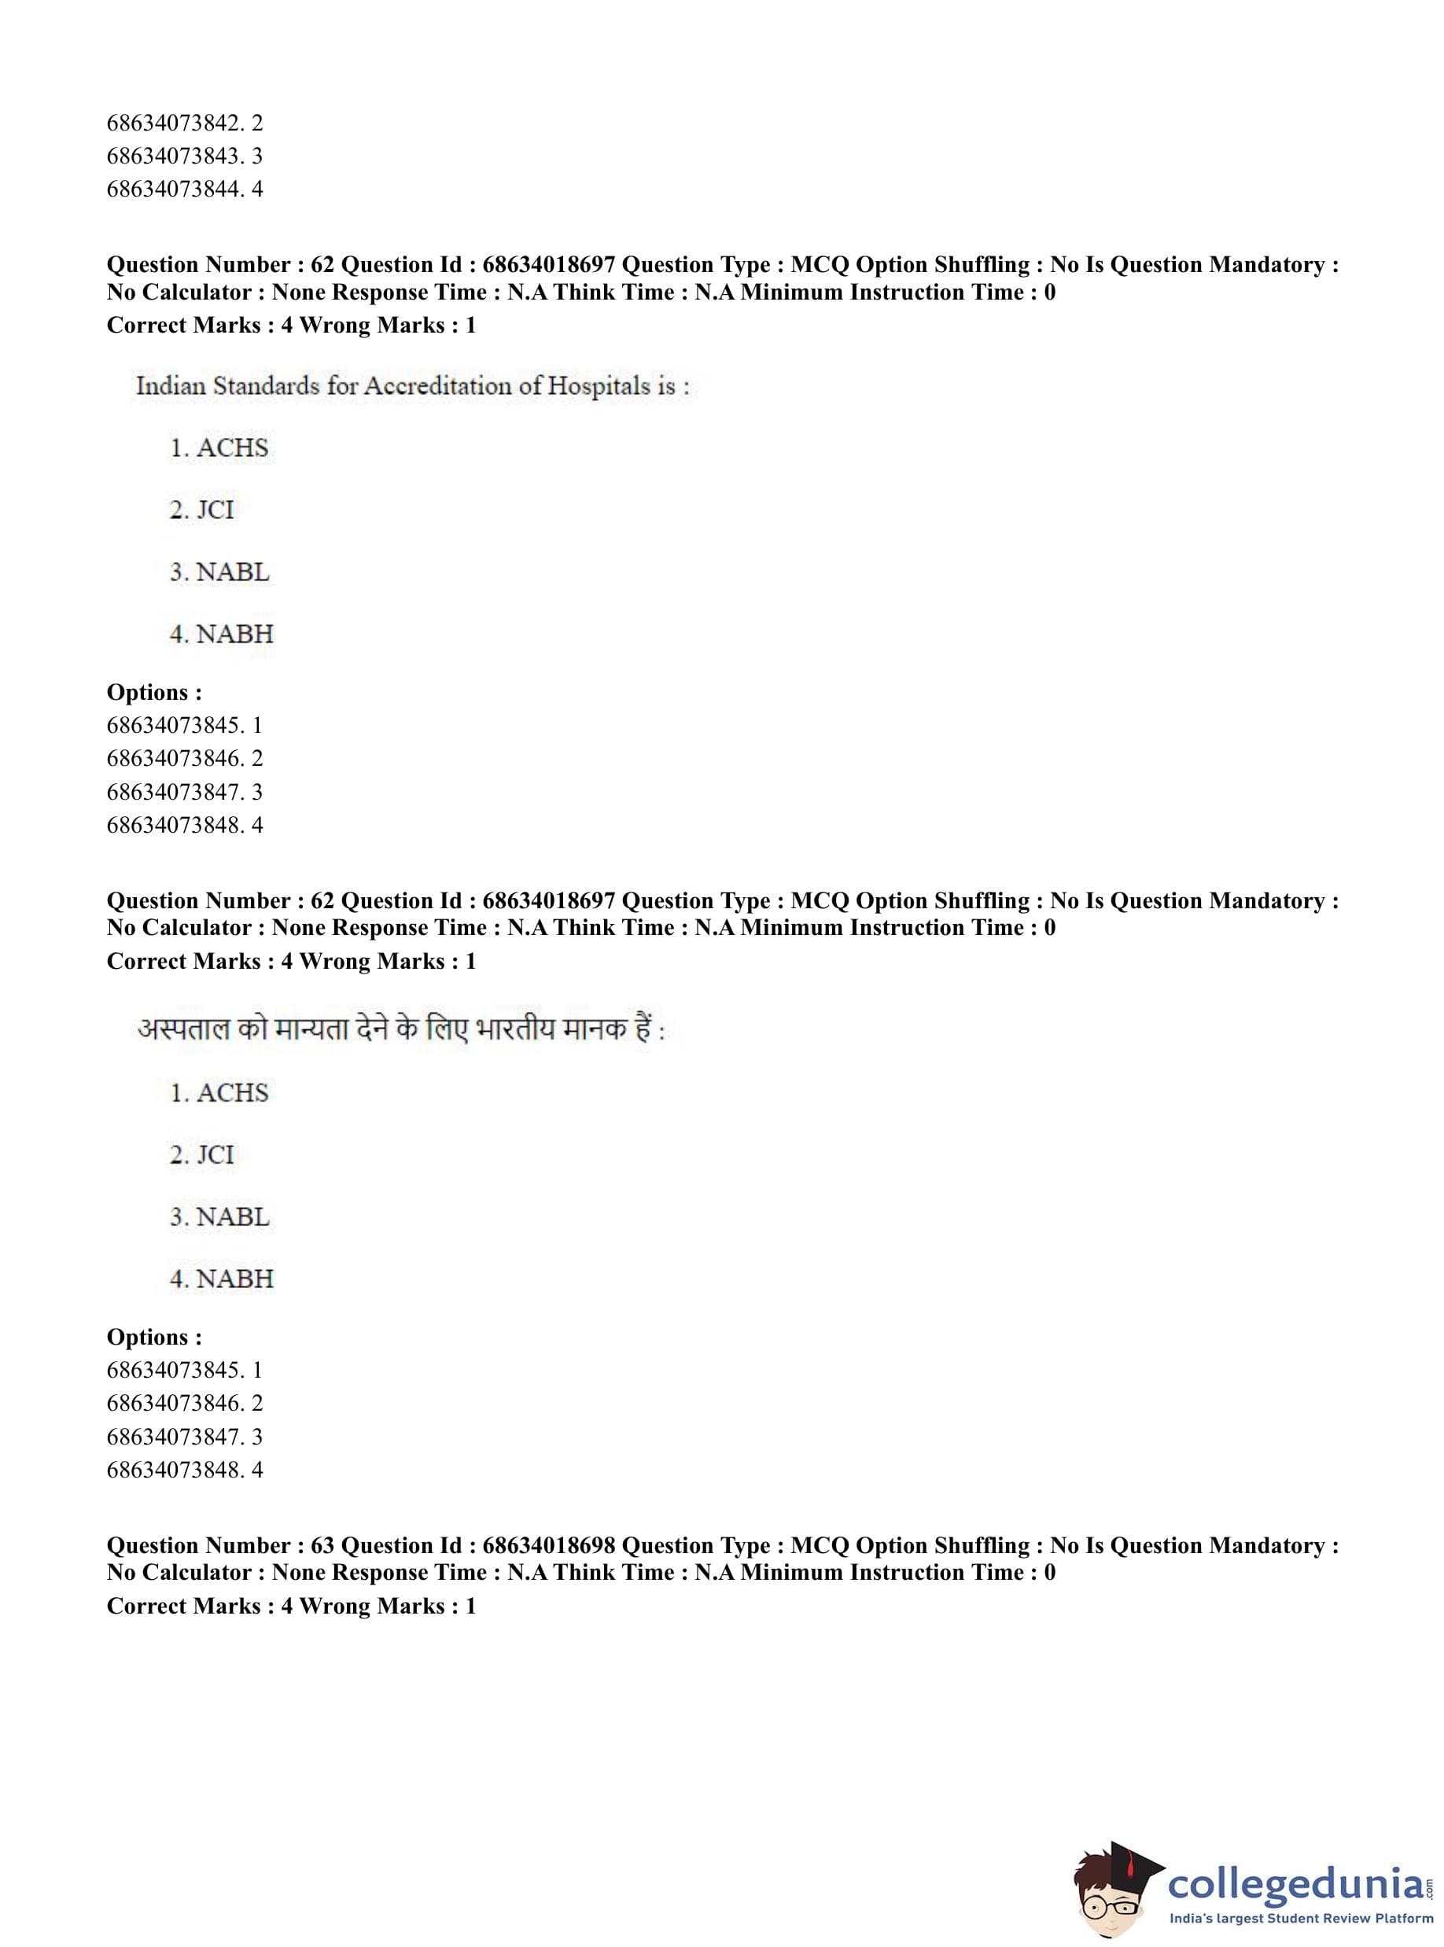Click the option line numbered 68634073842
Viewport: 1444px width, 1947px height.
185,123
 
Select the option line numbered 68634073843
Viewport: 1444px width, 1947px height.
185,156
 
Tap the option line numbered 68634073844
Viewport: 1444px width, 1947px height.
185,189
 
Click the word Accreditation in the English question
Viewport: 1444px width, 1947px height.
437,385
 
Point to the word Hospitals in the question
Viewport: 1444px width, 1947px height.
599,385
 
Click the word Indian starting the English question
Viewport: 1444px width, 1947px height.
171,385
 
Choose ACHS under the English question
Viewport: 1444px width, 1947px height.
219,448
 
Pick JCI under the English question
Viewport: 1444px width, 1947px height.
203,510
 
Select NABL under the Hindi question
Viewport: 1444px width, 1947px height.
220,1216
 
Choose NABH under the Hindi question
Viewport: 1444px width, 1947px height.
222,1279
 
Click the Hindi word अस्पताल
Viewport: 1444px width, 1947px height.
182,1030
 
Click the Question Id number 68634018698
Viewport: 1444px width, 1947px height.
548,1545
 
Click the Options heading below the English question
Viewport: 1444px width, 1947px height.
154,692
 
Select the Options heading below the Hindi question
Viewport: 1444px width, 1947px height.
154,1337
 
